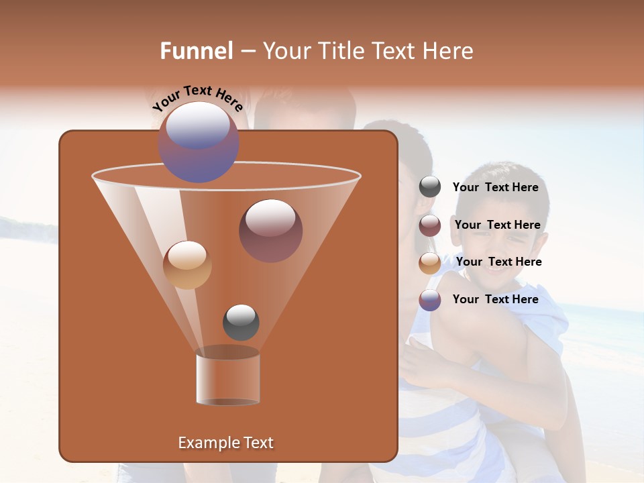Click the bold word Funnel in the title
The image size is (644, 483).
[197, 51]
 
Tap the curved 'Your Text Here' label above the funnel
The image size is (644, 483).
[197, 99]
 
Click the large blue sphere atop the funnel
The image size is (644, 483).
[199, 142]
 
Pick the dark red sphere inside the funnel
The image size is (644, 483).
[270, 231]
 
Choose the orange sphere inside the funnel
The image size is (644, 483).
[187, 265]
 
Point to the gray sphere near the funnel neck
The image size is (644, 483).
[241, 322]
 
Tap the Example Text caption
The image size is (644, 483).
[225, 443]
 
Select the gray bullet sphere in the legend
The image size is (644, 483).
[430, 187]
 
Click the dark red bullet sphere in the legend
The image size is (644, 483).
[430, 225]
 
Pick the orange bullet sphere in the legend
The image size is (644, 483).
[430, 263]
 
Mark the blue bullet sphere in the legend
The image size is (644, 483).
[430, 300]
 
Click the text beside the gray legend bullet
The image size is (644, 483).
[495, 188]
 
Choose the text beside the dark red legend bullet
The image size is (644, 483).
[497, 225]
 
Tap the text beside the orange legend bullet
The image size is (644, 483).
[498, 262]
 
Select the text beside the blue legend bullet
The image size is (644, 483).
[495, 299]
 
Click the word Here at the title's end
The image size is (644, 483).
[448, 51]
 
